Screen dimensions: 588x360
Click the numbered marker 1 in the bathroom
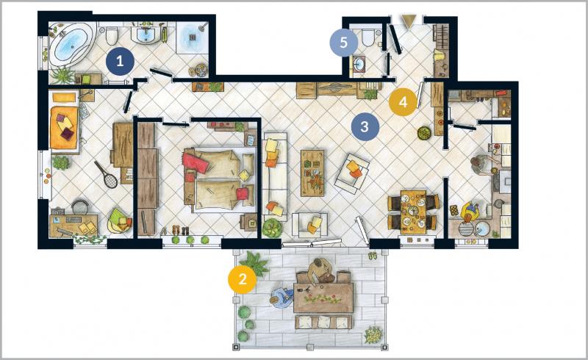pos(120,61)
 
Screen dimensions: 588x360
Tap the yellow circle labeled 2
pos(243,279)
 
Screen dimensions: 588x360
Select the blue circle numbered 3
pos(365,127)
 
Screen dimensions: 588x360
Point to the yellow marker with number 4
pos(403,101)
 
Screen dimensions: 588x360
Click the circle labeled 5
pos(344,43)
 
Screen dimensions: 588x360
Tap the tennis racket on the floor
pos(106,174)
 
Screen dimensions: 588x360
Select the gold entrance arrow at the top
pos(408,21)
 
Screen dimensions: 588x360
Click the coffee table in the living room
pos(312,173)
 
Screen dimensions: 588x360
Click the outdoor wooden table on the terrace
pos(323,298)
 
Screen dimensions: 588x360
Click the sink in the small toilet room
pos(360,64)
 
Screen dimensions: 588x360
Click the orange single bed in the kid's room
pos(65,128)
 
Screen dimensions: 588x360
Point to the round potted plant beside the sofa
pos(272,227)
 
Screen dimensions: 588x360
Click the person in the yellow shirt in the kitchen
pos(469,212)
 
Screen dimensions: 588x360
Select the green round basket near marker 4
pos(424,133)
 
